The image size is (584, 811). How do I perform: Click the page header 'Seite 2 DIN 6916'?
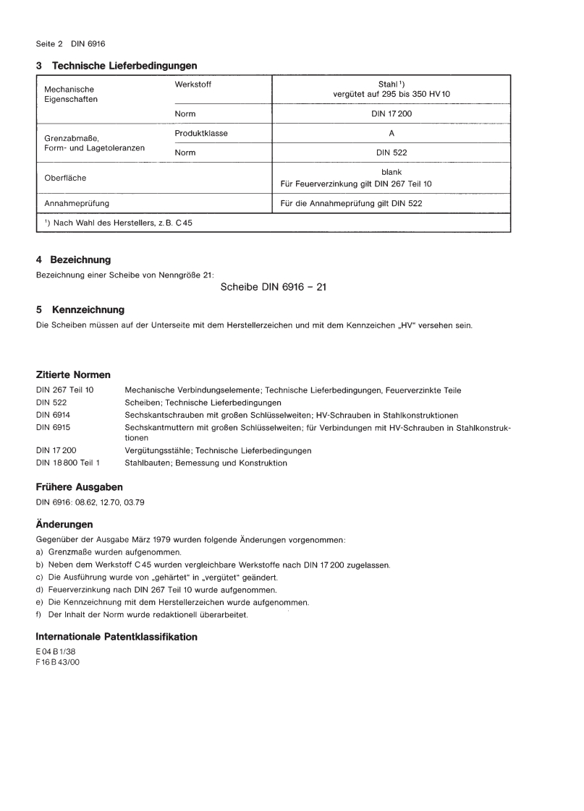pyautogui.click(x=71, y=43)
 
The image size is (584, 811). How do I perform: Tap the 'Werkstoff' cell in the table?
pyautogui.click(x=193, y=85)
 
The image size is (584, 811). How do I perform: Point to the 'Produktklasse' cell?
pyautogui.click(x=201, y=134)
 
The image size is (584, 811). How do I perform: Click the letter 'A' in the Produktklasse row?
pyautogui.click(x=391, y=134)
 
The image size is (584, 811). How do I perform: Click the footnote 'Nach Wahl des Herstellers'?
pyautogui.click(x=118, y=223)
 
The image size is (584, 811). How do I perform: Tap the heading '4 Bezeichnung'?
pyautogui.click(x=73, y=259)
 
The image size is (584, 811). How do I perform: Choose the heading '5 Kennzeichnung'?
pyautogui.click(x=80, y=310)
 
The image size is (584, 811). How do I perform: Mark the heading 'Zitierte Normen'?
pyautogui.click(x=73, y=375)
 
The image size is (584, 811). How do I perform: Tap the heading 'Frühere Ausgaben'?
pyautogui.click(x=79, y=487)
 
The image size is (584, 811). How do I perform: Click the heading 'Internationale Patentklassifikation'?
pyautogui.click(x=116, y=637)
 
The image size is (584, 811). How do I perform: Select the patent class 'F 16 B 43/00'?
pyautogui.click(x=58, y=662)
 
